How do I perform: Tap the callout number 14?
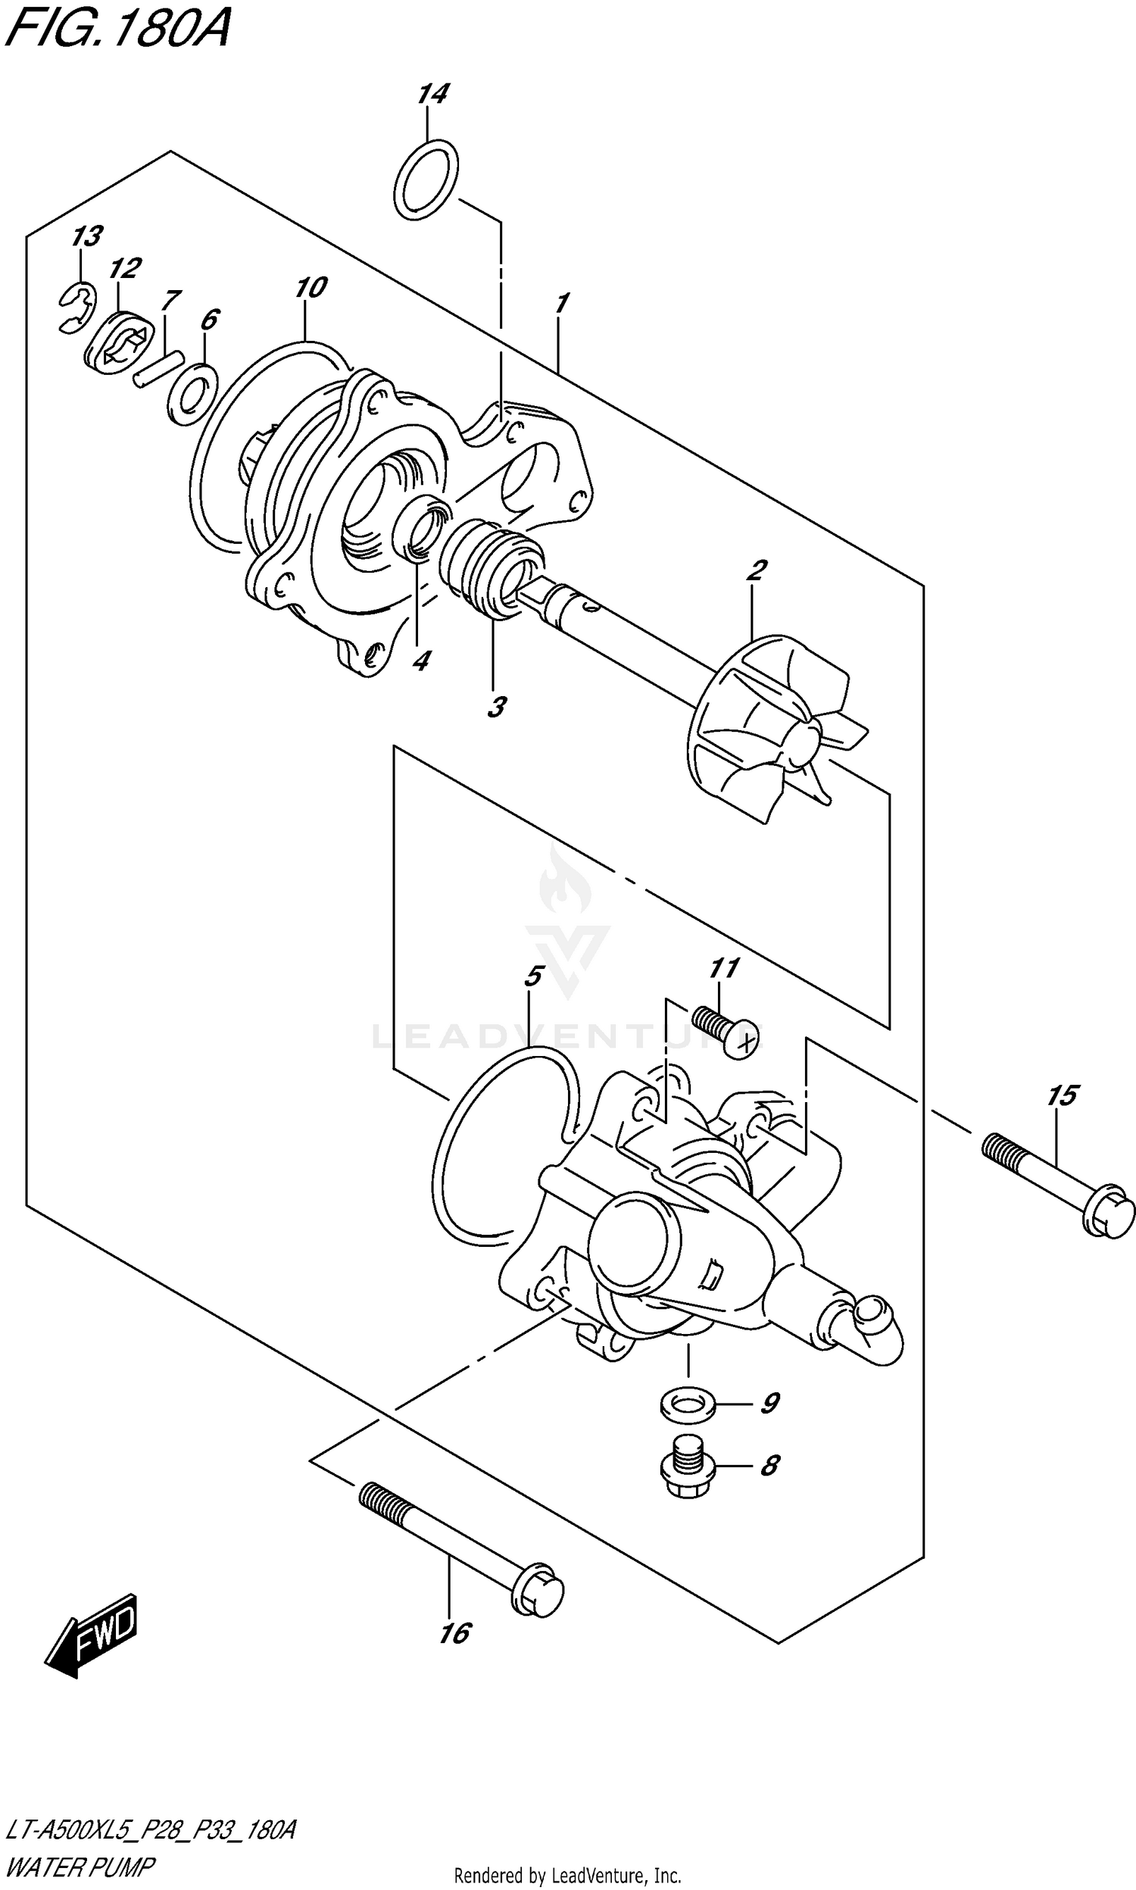(433, 95)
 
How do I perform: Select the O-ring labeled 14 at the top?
(427, 179)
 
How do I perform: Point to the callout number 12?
(125, 269)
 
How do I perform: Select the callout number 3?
(497, 707)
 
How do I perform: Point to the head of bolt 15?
(1107, 1217)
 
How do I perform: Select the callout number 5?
(534, 976)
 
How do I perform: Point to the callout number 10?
(311, 289)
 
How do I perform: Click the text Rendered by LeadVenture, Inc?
(567, 1876)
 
